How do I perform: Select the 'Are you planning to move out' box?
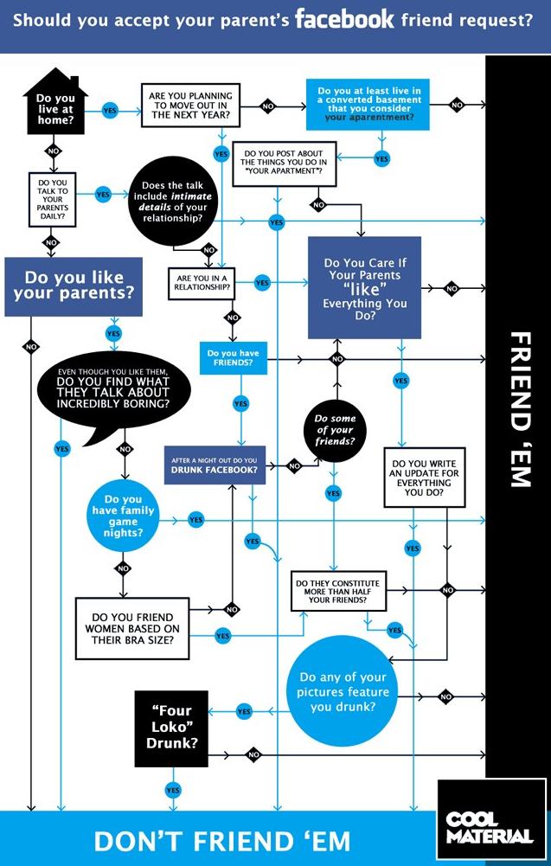[x=190, y=106]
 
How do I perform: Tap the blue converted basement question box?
[x=368, y=105]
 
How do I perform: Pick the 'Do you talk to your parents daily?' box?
[x=53, y=199]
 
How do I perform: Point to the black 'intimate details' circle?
[x=172, y=202]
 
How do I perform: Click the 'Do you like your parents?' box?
[x=74, y=286]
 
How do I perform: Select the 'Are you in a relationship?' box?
[x=202, y=283]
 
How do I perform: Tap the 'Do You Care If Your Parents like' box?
[x=364, y=288]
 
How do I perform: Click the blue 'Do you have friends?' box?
[x=233, y=358]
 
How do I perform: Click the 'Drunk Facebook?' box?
[x=215, y=465]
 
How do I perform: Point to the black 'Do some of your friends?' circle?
[x=335, y=430]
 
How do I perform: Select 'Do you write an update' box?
[x=425, y=478]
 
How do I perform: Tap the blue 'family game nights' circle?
[x=123, y=516]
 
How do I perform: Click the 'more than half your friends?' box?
[x=338, y=591]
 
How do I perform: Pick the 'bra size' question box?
[x=132, y=628]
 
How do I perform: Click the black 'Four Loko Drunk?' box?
[x=171, y=728]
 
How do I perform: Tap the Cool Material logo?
[x=491, y=819]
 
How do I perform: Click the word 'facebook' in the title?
[x=344, y=20]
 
